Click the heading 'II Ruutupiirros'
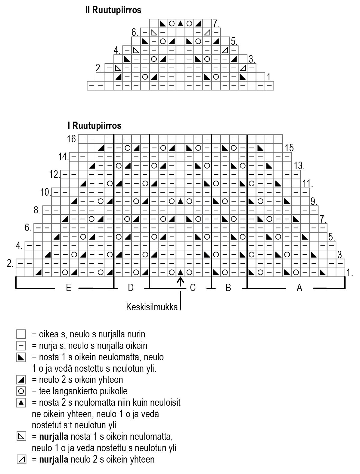click(113, 10)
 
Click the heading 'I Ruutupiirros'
click(94, 125)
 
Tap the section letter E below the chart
click(68, 288)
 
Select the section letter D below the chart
click(130, 288)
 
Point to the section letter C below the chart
click(193, 288)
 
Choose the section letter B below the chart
click(228, 288)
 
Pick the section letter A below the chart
click(299, 288)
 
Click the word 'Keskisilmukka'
click(152, 307)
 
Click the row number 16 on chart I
click(72, 139)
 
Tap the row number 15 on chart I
click(290, 148)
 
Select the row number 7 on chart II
click(216, 23)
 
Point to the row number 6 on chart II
click(135, 32)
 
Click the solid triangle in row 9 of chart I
click(181, 201)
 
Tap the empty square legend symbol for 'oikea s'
click(21, 334)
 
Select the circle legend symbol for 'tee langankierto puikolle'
click(21, 391)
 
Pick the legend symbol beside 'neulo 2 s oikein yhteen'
click(21, 380)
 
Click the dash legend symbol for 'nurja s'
click(21, 346)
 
